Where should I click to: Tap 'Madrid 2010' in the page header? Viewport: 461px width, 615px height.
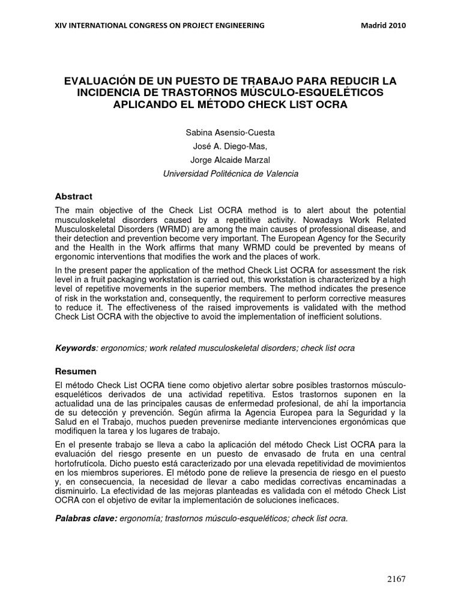coord(384,25)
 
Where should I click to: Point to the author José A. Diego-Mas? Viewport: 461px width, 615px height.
coord(230,146)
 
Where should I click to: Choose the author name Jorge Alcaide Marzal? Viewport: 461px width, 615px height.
coord(230,160)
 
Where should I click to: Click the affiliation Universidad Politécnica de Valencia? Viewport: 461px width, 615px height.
coord(230,174)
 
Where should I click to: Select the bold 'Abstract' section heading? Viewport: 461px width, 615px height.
coord(74,196)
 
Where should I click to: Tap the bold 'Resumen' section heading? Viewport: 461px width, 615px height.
coord(76,371)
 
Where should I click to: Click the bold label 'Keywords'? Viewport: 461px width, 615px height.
coord(75,348)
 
